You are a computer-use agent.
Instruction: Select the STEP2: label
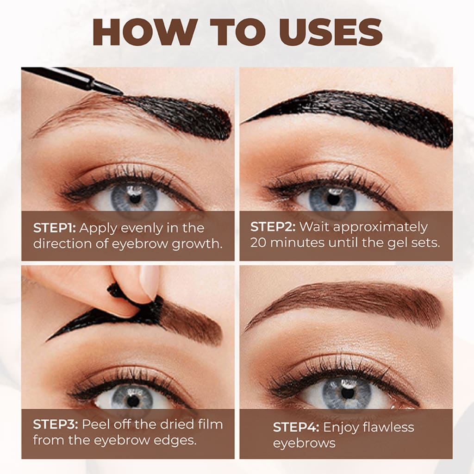pos(273,227)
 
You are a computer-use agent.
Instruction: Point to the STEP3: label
pos(56,424)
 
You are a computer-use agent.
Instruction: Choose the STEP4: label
pos(296,427)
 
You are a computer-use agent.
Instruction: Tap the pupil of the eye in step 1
pos(135,199)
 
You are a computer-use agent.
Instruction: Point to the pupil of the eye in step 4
pos(347,393)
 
